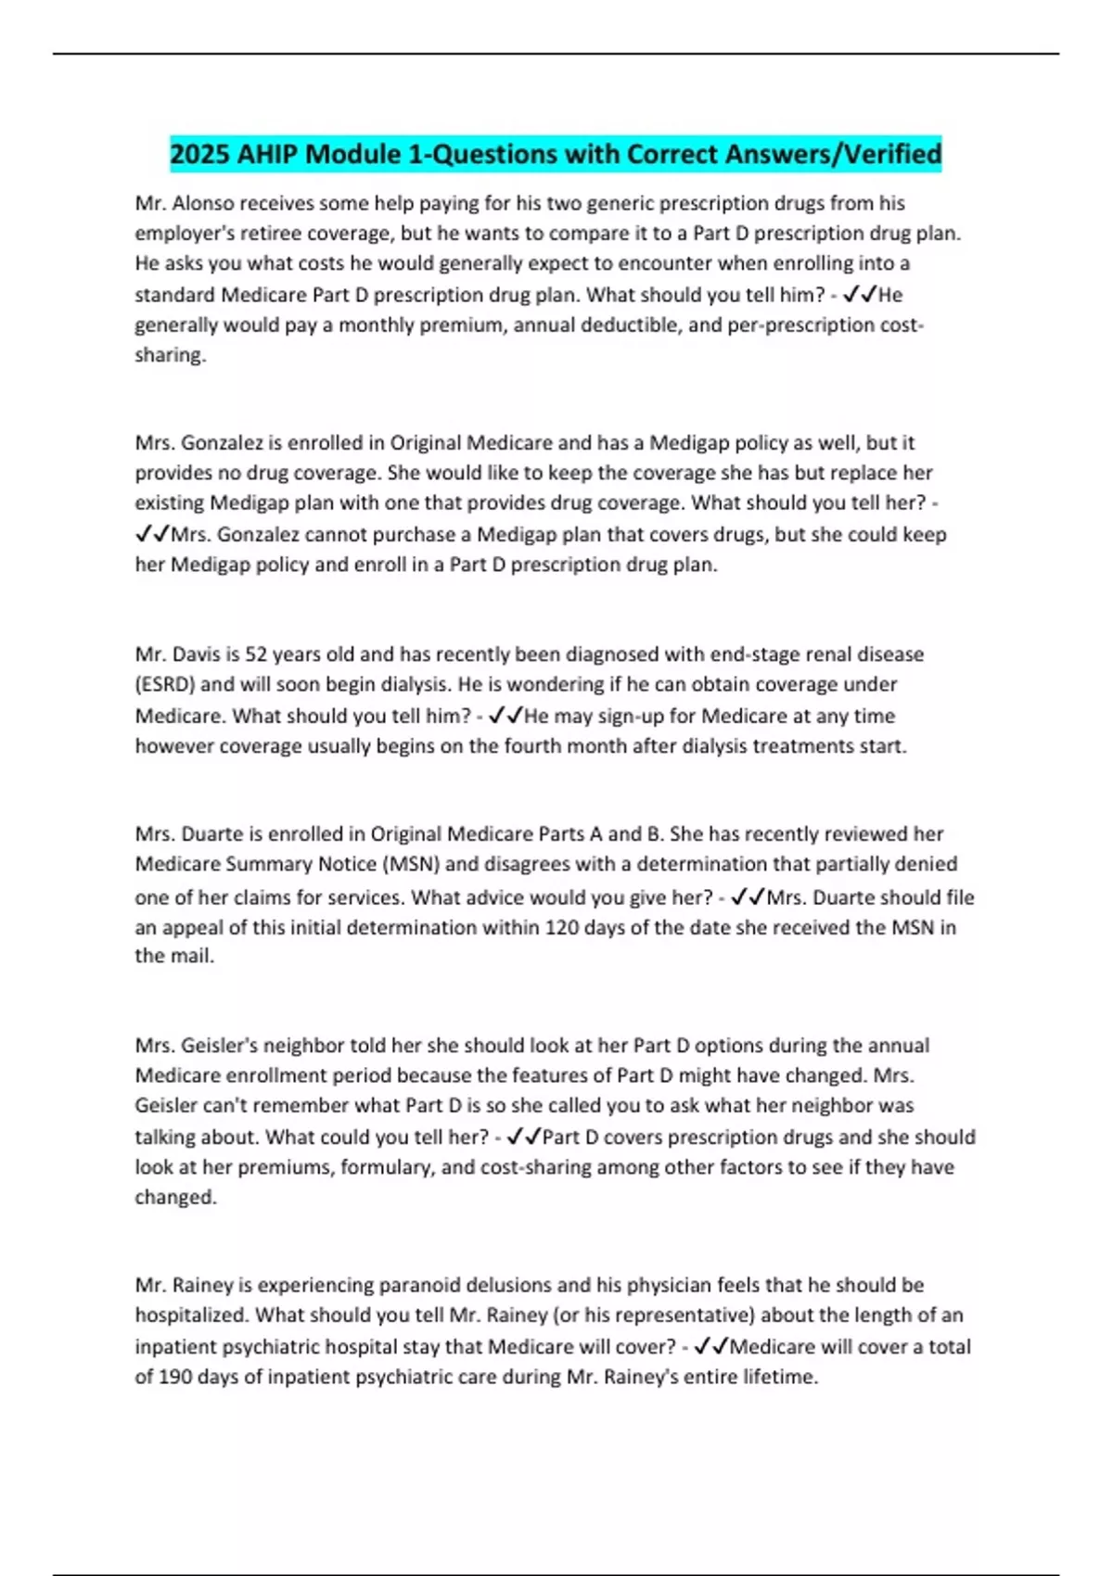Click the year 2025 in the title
(x=199, y=154)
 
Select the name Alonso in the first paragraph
(x=204, y=203)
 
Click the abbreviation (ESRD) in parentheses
(x=165, y=684)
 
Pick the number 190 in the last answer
(x=175, y=1377)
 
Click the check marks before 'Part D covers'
(x=523, y=1137)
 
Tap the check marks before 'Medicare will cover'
(x=710, y=1346)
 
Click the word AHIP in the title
(x=266, y=154)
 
